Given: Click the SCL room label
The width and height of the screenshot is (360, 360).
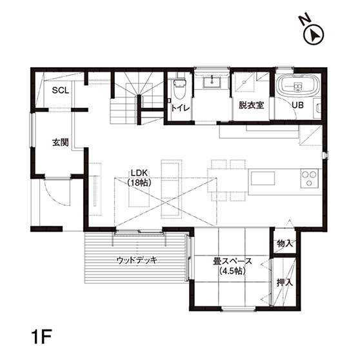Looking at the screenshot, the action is point(61,90).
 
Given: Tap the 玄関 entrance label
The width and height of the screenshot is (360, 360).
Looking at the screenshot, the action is point(61,143).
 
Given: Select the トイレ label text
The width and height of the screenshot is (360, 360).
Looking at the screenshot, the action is point(181,108).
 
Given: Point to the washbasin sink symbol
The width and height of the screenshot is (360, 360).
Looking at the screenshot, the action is point(212,82).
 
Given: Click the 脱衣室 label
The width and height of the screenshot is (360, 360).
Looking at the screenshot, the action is point(251,105).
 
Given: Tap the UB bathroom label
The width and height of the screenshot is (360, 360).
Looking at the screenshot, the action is point(298,105).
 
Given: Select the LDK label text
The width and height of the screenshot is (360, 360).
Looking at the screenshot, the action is point(139,173).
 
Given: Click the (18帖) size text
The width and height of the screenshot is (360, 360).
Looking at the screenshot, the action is point(139,183).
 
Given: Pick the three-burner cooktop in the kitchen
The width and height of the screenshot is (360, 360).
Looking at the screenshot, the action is point(309,179).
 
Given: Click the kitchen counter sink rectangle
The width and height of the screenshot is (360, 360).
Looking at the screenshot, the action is point(263,178).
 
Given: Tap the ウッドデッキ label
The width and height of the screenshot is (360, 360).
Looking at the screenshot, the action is point(137,261).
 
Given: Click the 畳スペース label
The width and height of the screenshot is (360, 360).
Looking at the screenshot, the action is point(232,261).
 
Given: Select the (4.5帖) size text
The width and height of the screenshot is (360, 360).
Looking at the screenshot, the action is point(232,271).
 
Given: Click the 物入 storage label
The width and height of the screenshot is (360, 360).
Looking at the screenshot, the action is point(285,243).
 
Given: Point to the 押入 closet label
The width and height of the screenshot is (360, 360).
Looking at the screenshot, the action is point(285,283).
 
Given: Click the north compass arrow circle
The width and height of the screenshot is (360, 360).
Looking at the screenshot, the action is point(314,35).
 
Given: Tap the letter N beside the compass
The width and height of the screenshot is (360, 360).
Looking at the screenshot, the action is point(305,20).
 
